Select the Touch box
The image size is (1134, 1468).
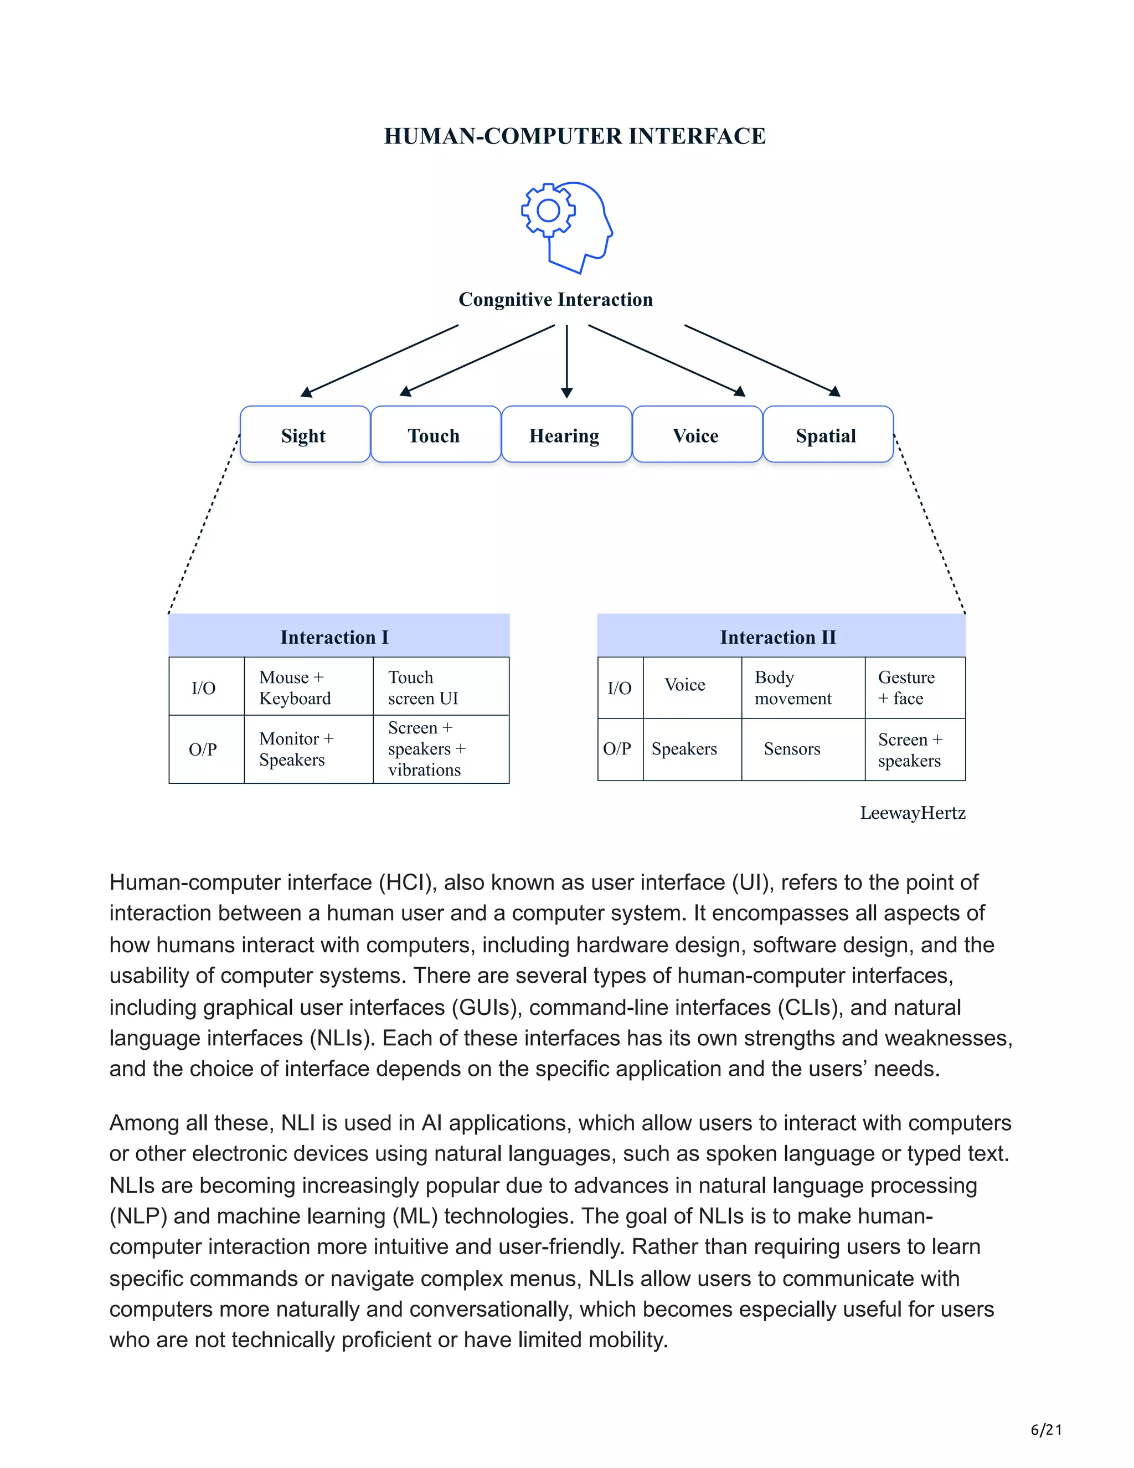(x=435, y=435)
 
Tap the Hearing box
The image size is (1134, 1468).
(x=565, y=435)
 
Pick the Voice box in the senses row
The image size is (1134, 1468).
(x=696, y=435)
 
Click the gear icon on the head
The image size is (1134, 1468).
(x=548, y=211)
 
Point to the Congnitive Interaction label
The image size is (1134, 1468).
(x=555, y=300)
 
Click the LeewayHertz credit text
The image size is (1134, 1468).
(x=913, y=813)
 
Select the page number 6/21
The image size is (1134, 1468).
(x=1046, y=1430)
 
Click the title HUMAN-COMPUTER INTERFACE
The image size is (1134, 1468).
(x=574, y=136)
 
